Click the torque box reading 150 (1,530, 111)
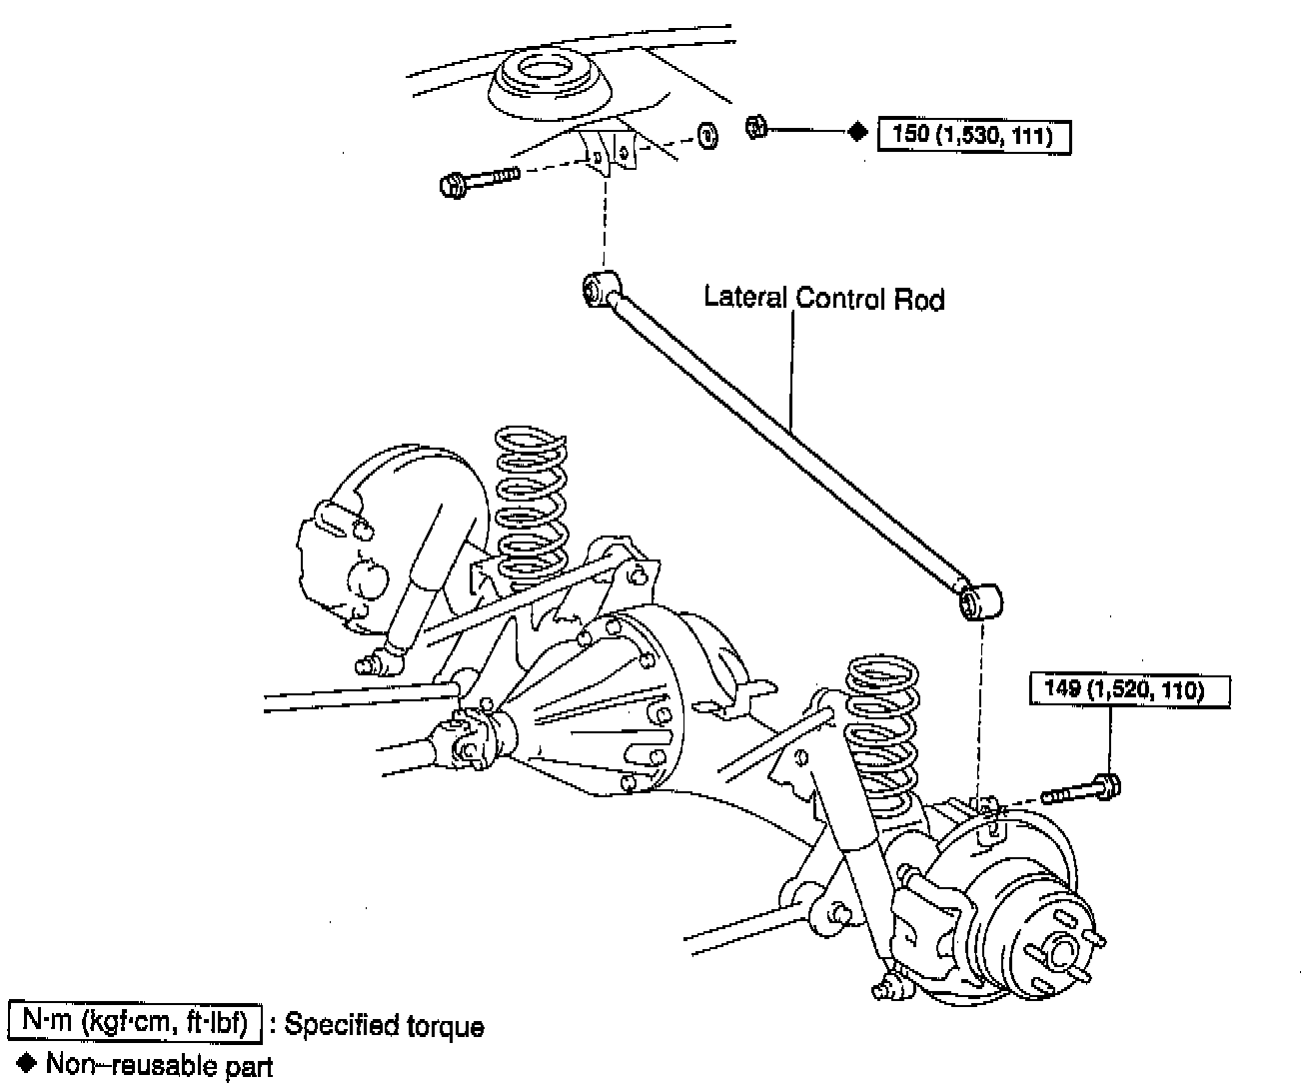[x=972, y=134]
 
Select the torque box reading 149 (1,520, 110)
[x=1129, y=689]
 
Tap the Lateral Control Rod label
[x=823, y=298]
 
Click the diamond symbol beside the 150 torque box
[x=856, y=131]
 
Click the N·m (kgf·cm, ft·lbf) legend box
[x=135, y=1022]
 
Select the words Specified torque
[x=385, y=1026]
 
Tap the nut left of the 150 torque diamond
[x=756, y=127]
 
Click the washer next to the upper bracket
[x=705, y=134]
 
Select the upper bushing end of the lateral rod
[x=601, y=288]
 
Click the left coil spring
[x=532, y=505]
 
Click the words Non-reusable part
[x=160, y=1065]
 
